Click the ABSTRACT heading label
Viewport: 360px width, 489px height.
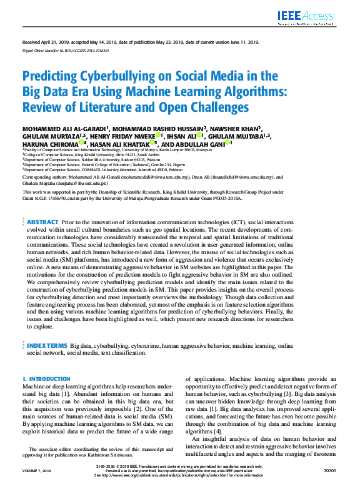pos(42,222)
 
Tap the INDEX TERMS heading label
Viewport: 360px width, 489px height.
pos(47,345)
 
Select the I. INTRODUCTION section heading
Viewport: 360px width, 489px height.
pos(47,379)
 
